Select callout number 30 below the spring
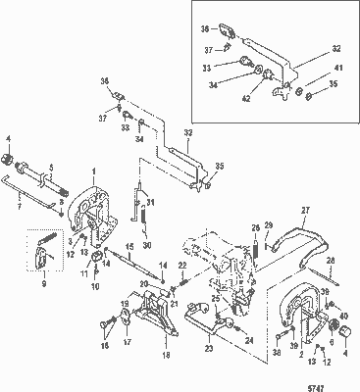145,244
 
